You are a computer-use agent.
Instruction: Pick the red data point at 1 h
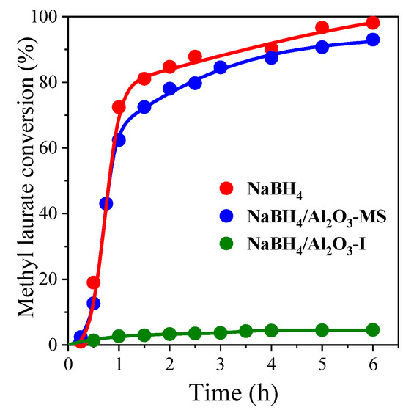point(119,107)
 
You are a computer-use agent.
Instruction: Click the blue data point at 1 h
point(119,140)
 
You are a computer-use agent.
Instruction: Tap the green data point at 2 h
point(169,334)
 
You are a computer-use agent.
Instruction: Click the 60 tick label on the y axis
point(53,147)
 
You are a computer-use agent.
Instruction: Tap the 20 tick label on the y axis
point(53,279)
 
